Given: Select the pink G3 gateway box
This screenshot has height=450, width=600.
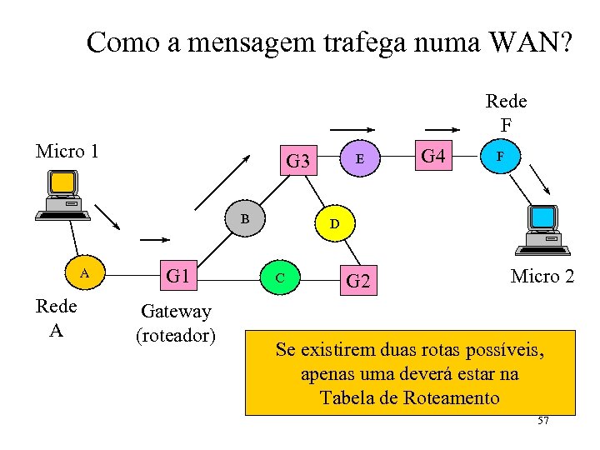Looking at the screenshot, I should point(298,160).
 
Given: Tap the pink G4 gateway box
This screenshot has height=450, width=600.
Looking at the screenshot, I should point(433,156).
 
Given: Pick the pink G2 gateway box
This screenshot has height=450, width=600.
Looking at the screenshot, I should point(357,281).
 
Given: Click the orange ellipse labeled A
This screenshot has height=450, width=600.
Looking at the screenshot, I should point(83,273).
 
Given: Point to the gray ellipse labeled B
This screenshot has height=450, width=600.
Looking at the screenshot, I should point(245,219).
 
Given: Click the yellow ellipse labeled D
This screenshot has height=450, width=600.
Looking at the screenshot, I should point(333,224).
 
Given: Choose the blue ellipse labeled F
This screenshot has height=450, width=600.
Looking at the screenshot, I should point(499,156).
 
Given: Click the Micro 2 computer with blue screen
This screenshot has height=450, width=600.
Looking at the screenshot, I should point(543,229).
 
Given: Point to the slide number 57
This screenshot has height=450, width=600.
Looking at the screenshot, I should point(543,422).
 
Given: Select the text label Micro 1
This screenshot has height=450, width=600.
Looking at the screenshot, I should point(67,151).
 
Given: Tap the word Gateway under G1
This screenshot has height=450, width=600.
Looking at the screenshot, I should point(176,312).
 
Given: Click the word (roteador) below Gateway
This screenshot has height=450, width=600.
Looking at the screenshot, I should point(176,335).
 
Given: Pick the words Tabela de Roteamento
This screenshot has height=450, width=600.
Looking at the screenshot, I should point(409,397).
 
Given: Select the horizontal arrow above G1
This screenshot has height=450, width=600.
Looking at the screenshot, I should point(155,240).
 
